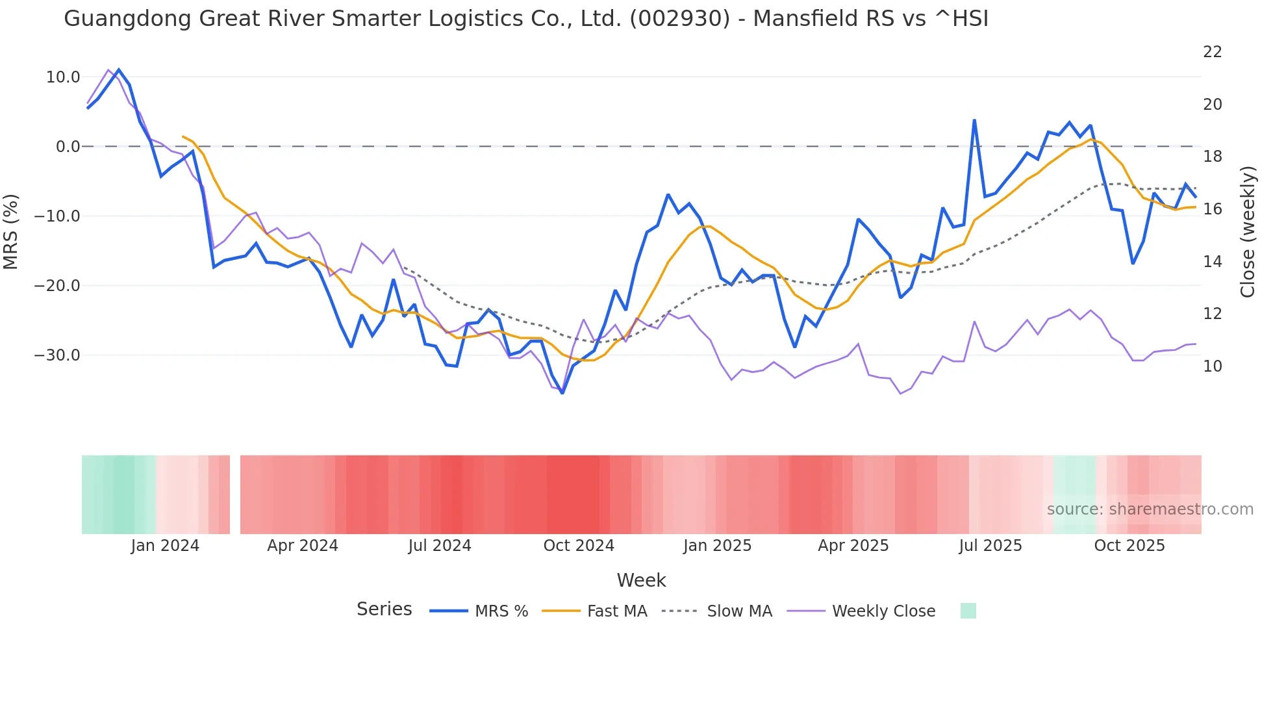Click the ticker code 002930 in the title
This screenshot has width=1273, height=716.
(679, 18)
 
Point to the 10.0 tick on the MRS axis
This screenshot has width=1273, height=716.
(63, 77)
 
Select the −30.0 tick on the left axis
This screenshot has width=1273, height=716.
(57, 355)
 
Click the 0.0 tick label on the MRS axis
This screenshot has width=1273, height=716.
(68, 147)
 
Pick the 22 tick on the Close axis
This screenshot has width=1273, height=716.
(1212, 52)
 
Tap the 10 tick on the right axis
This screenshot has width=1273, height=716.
(1212, 366)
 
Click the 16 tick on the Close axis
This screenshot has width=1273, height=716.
(1212, 209)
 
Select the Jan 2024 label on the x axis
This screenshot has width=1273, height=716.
(165, 546)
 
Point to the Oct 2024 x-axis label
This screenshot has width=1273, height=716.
(579, 546)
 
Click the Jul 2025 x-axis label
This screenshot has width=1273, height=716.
(990, 546)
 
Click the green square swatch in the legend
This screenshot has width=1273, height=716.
(968, 611)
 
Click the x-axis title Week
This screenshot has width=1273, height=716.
(641, 580)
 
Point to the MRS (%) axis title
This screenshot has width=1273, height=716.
(11, 232)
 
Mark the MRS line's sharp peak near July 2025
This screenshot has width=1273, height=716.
(974, 121)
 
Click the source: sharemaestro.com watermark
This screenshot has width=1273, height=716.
(1150, 509)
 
